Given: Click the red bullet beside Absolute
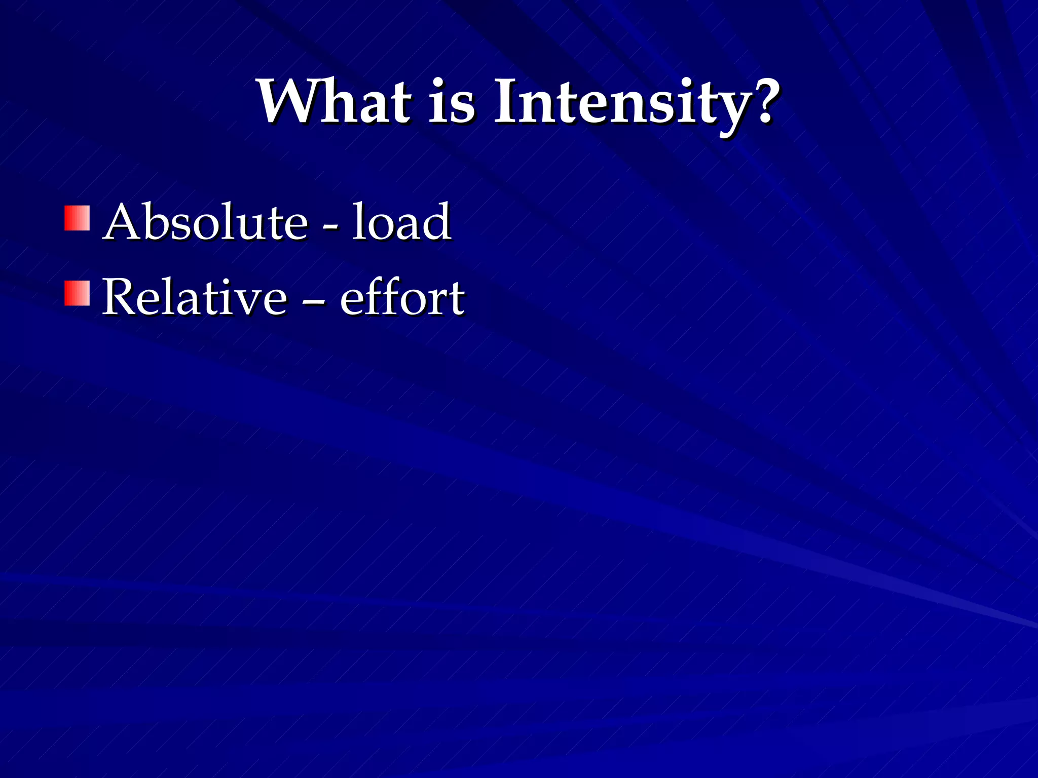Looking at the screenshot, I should click(77, 218).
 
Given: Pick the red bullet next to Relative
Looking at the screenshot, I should click(77, 293).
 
